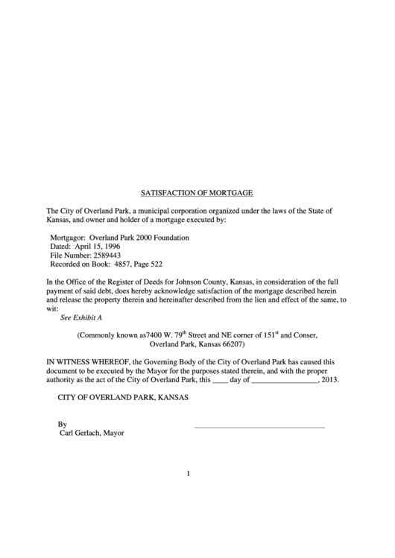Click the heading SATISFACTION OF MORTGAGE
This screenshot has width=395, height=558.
coord(197,192)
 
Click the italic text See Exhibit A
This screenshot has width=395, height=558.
coord(81,317)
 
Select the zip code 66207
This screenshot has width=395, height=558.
coord(230,345)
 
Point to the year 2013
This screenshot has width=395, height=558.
coord(330,379)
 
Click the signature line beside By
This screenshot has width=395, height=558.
coord(259,427)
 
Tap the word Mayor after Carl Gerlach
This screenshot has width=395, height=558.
coord(113,433)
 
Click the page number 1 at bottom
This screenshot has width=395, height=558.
coord(189,474)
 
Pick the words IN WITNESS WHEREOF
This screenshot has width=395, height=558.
coord(86,361)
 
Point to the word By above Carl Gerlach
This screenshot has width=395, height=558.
coord(63,424)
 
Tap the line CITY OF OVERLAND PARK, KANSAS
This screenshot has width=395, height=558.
coord(123,397)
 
